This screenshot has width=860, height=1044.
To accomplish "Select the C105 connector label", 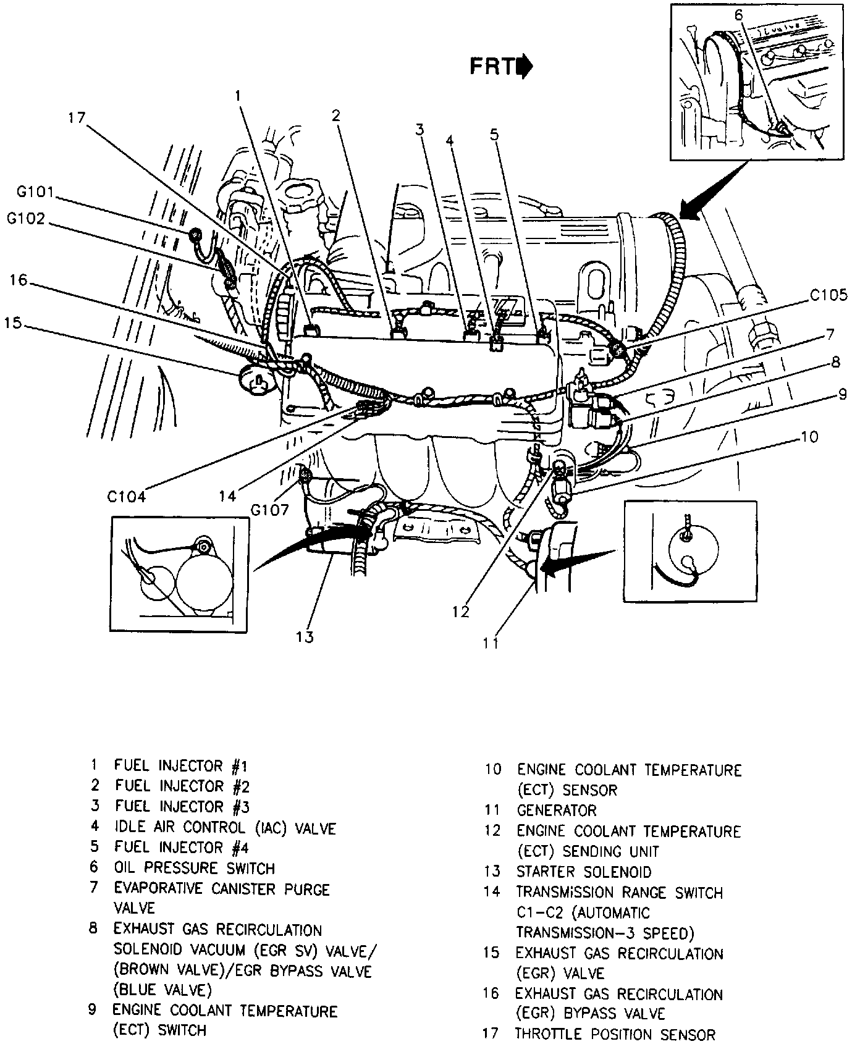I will [x=828, y=296].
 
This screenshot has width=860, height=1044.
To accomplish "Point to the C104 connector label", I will [x=126, y=496].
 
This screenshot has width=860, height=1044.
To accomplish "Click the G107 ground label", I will [x=271, y=510].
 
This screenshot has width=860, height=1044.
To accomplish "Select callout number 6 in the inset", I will [x=739, y=14].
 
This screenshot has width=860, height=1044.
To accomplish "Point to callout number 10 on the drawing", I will [x=808, y=437].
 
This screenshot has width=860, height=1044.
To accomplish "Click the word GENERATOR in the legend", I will [x=557, y=810].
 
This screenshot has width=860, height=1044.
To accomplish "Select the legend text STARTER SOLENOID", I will [x=583, y=872].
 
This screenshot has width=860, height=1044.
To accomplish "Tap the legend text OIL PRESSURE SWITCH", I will [x=194, y=868].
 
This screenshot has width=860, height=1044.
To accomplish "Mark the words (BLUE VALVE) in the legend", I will [x=162, y=990].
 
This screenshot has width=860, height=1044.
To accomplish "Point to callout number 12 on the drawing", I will [x=461, y=612].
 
